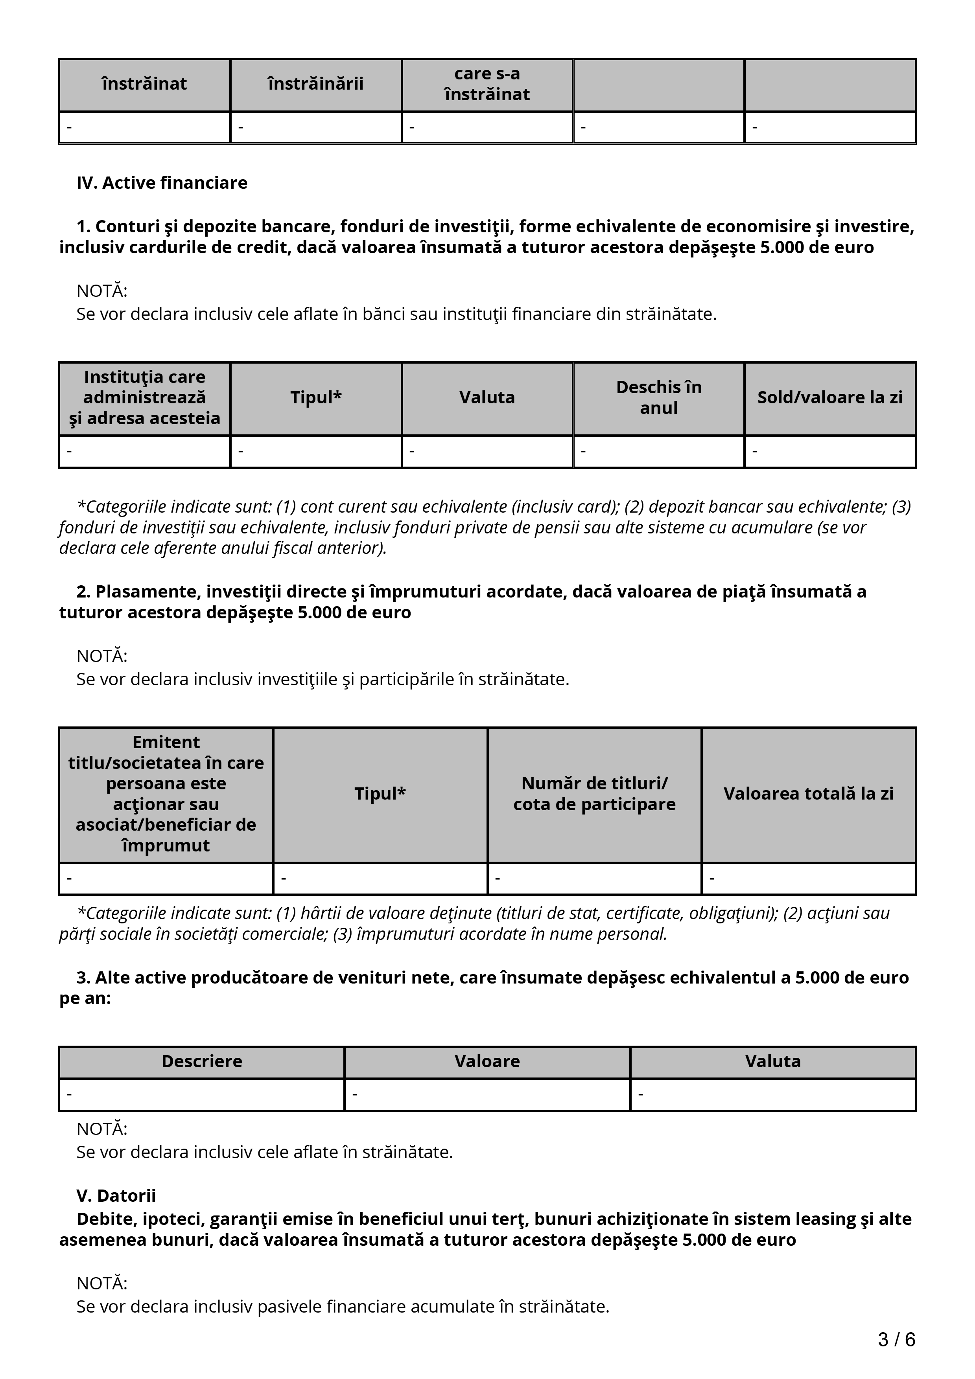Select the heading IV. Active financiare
coord(162,182)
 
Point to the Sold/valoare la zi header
coord(829,397)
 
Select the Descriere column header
coord(202,1061)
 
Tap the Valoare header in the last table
coord(487,1061)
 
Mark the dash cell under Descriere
coord(202,1094)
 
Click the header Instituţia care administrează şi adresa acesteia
coord(145,397)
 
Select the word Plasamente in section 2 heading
coord(148,592)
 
